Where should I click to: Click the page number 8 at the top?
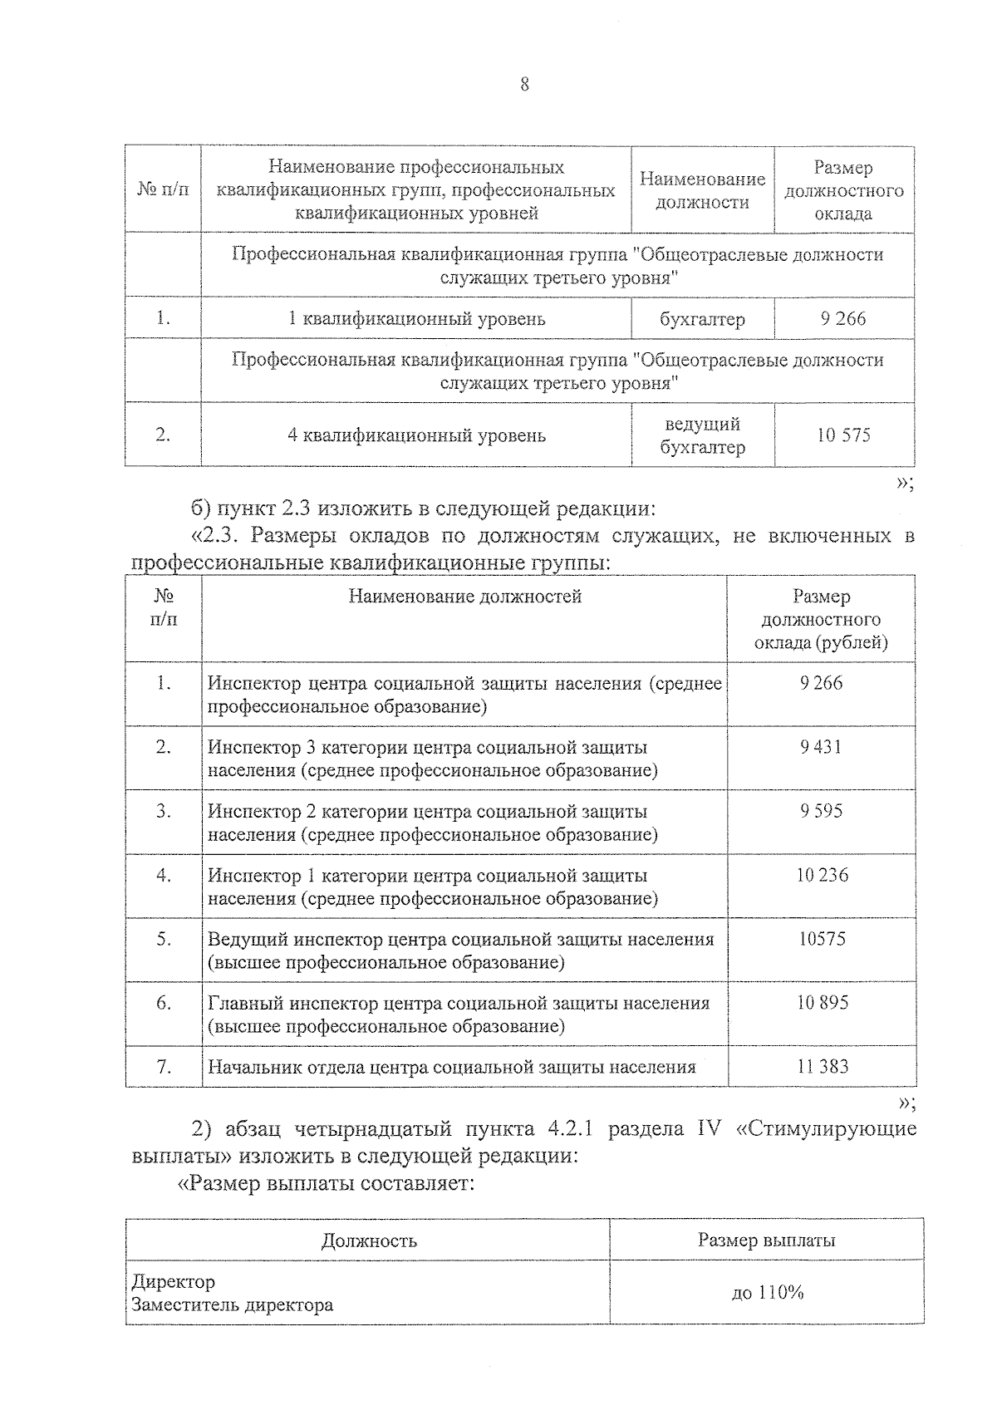tap(524, 85)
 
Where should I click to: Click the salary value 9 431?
tap(821, 747)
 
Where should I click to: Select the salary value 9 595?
tap(821, 811)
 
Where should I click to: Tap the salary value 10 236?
tap(822, 875)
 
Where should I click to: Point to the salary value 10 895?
tap(822, 1003)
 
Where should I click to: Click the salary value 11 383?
tap(822, 1067)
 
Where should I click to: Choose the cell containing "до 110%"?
tap(766, 1293)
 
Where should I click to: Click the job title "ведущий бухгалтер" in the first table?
tap(702, 435)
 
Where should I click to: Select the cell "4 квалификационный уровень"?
tap(416, 435)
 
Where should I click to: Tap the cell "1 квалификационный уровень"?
tap(416, 319)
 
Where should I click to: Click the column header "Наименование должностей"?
tap(464, 597)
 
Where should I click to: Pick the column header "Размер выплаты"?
tap(766, 1241)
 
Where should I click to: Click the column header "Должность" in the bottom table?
tap(369, 1241)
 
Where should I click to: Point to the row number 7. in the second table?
tap(164, 1067)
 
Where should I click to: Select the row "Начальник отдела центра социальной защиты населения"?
tap(451, 1068)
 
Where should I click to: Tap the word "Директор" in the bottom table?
tap(173, 1282)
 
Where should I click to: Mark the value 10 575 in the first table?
tap(843, 435)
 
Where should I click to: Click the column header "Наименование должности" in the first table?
tap(702, 190)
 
